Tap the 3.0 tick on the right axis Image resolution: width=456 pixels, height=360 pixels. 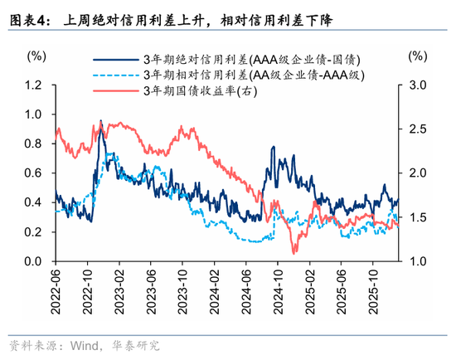click(417, 85)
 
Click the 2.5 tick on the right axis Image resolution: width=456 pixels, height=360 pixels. click(417, 129)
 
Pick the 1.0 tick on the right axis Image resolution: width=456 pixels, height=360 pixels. click(417, 261)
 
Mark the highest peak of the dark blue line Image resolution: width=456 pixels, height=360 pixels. click(100, 121)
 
